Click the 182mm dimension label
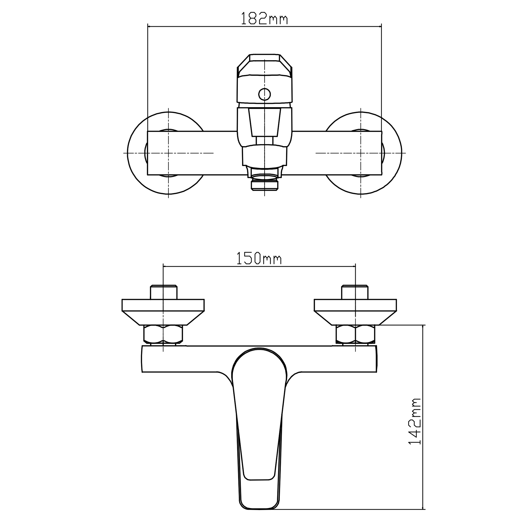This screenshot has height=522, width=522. pos(264,18)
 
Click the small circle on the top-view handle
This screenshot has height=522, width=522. pos(265,94)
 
